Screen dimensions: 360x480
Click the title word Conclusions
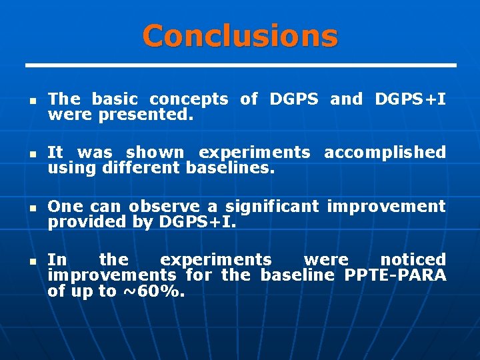240,35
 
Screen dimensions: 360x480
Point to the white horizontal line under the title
240,65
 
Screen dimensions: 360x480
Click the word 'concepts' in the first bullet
189,100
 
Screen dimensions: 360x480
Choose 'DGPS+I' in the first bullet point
411,99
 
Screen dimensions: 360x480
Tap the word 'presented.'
146,115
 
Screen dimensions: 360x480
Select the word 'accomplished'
385,153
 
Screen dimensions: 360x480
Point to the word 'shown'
155,153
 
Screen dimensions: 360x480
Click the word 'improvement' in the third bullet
386,206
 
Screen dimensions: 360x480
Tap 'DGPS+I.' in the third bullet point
198,222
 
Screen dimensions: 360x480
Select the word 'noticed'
413,259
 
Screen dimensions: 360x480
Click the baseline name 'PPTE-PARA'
395,275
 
